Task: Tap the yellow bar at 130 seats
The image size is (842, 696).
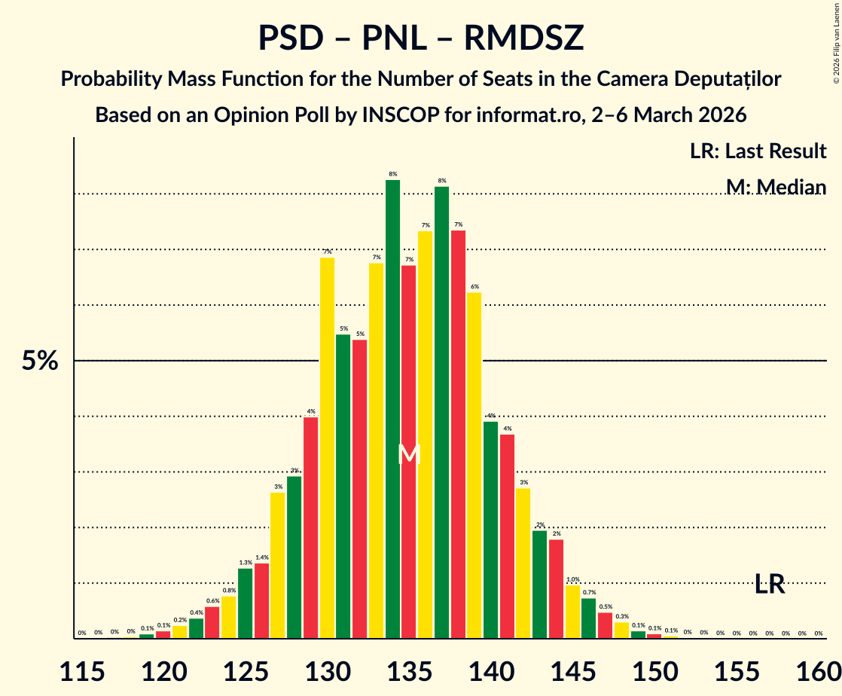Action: pos(327,447)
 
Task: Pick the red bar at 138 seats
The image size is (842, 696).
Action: pos(458,434)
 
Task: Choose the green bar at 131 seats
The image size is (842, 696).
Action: pos(343,486)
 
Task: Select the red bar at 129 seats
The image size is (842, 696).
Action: pos(310,527)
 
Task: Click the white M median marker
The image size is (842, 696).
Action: pos(409,453)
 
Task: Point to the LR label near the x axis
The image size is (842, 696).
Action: pos(770,584)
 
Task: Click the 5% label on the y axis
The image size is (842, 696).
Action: pos(40,362)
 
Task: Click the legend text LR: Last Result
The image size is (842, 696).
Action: pos(758,151)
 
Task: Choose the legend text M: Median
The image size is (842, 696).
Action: pos(776,187)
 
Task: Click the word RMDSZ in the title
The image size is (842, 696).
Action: pos(523,38)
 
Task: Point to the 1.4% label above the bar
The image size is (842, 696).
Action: pos(261,558)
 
